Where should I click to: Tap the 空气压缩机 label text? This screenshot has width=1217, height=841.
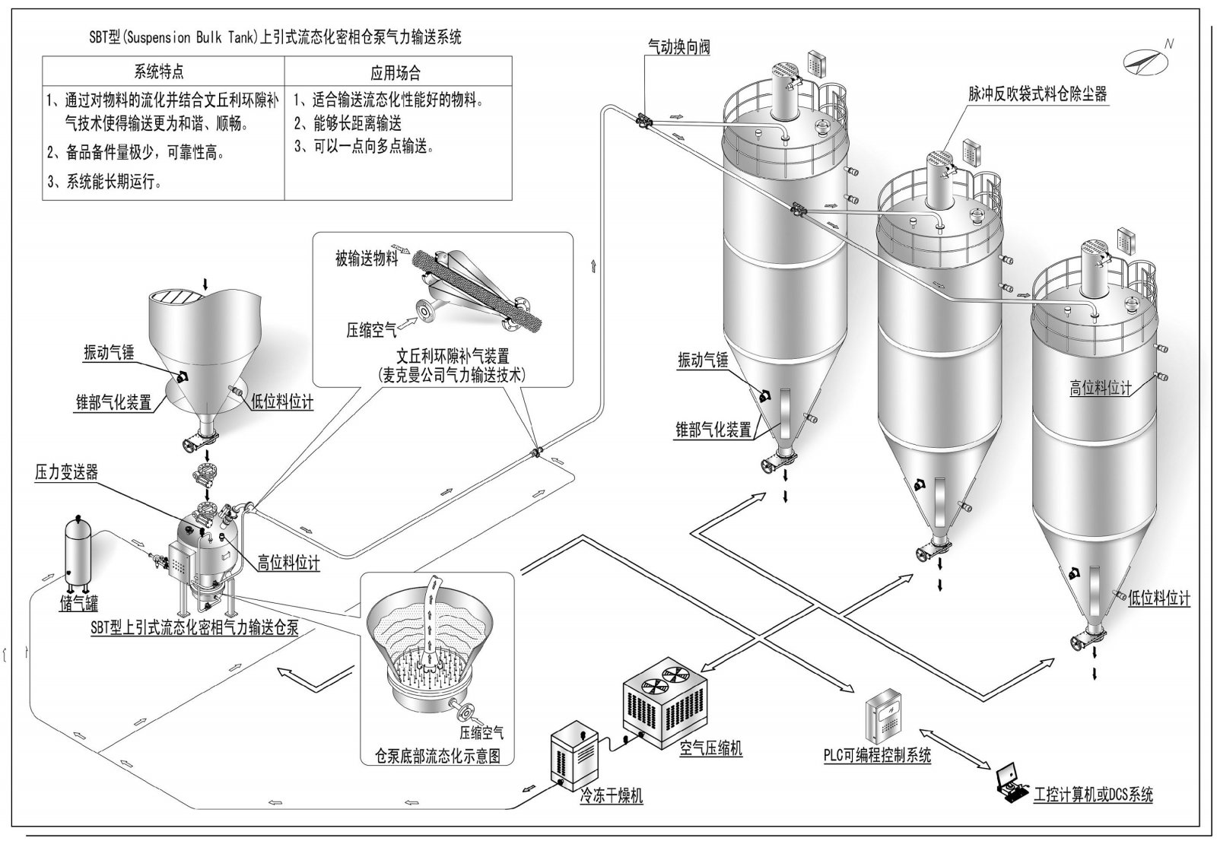(710, 748)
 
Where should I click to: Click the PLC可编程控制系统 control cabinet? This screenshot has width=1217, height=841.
(883, 718)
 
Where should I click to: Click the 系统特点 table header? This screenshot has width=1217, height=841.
(159, 72)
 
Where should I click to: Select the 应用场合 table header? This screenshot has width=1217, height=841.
(396, 73)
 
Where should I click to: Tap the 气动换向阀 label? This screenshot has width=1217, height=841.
(678, 47)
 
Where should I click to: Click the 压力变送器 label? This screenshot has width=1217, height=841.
(67, 472)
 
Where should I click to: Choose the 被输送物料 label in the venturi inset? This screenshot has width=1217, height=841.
(367, 259)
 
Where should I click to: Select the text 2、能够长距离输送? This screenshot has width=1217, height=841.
(348, 123)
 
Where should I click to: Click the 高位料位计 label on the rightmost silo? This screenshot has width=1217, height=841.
(1101, 389)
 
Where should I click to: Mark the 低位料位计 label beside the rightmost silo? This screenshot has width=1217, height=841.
(1159, 598)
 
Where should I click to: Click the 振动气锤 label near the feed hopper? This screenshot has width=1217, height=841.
(109, 353)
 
